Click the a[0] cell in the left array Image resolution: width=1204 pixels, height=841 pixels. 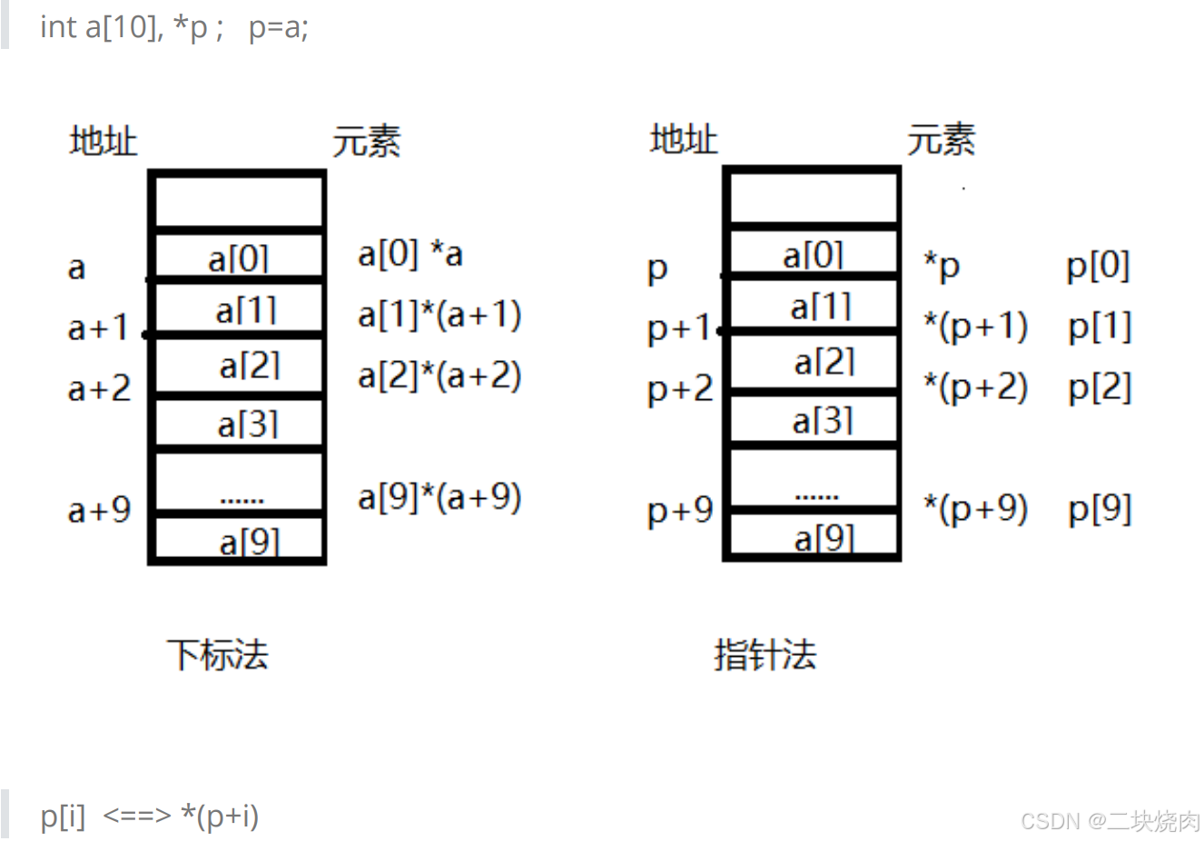[x=239, y=258]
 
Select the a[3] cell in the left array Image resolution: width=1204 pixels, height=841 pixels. [x=247, y=424]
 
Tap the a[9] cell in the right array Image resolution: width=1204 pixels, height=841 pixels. [x=824, y=538]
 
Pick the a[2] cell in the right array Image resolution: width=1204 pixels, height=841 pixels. [x=824, y=362]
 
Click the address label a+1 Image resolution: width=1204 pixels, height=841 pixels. [x=99, y=328]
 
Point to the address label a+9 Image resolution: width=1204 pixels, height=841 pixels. [x=99, y=510]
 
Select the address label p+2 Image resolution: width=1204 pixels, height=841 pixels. [x=680, y=389]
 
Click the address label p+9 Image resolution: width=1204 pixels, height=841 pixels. [x=680, y=511]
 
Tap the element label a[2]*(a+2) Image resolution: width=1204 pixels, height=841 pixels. [x=439, y=376]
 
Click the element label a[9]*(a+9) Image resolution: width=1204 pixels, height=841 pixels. [x=439, y=497]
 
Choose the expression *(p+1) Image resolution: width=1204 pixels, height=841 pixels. [x=975, y=327]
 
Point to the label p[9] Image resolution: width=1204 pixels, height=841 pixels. [x=1100, y=509]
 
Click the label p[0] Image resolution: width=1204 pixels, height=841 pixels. [x=1098, y=266]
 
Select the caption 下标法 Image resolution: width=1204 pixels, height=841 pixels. [x=218, y=654]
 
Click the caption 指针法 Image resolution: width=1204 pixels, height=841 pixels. [x=765, y=654]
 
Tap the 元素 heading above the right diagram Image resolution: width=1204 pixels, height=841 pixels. [x=941, y=140]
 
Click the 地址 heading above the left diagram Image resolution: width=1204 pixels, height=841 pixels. [x=104, y=142]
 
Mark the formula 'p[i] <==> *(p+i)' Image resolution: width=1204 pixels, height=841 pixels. [x=150, y=816]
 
